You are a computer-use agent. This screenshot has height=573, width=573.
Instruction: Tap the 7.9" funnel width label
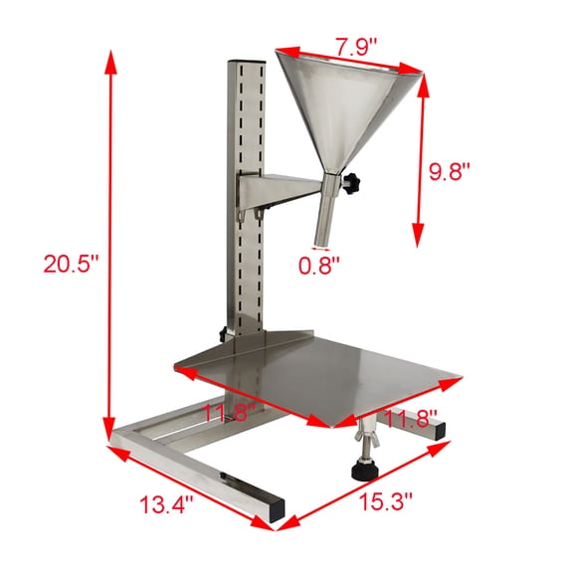pyautogui.click(x=355, y=46)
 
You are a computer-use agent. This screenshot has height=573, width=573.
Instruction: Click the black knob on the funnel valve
pyautogui.click(x=353, y=183)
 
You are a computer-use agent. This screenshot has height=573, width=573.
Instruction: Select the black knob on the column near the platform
pyautogui.click(x=220, y=334)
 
